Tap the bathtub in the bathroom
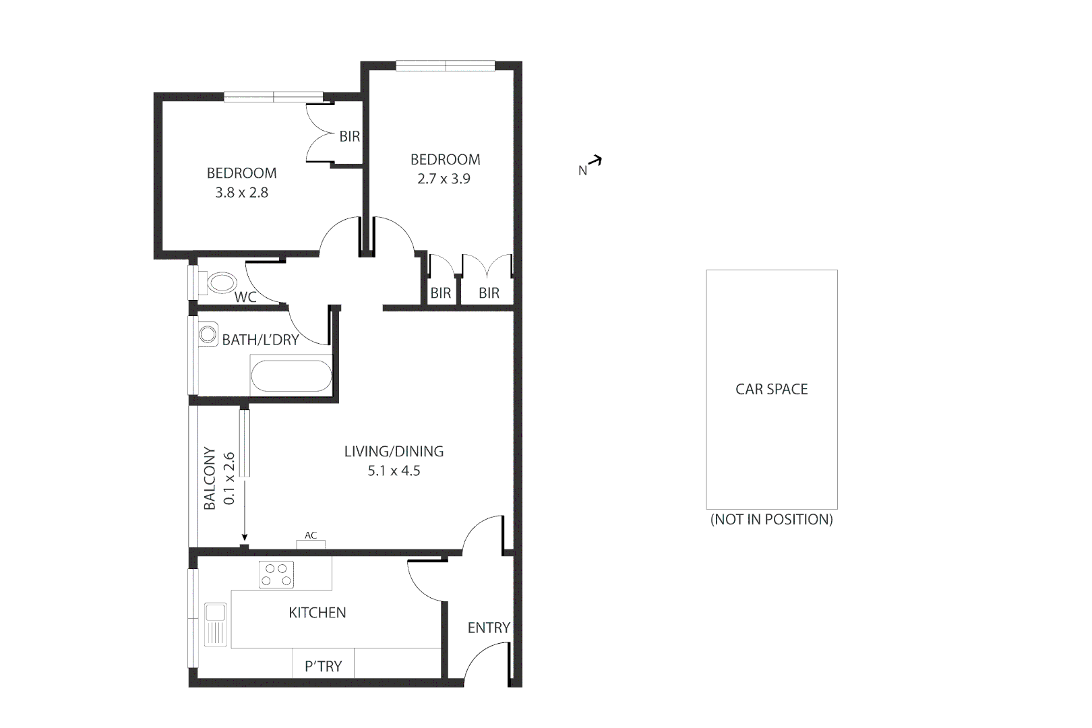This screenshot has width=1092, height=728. coord(291,376)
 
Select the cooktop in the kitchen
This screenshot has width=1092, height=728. coord(277,574)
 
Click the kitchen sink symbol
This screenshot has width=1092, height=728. coord(216,624)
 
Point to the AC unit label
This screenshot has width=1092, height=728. coord(311,536)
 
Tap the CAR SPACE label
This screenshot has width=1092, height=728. coord(771,389)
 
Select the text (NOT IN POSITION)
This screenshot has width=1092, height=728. coord(771,519)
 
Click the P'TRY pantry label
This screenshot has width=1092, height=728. coord(323,666)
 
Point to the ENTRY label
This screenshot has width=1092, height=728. coord(489,628)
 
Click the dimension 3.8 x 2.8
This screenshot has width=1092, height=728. coord(241,193)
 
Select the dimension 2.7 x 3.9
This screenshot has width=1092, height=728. coord(444,179)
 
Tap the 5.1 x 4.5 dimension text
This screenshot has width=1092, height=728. coord(394,471)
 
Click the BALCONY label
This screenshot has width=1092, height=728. coord(210,478)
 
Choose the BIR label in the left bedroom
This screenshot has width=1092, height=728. coord(349,136)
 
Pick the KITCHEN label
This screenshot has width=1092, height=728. coord(317,612)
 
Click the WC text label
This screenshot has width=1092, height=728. coord(245,297)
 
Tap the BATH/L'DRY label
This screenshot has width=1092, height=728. coord(260,340)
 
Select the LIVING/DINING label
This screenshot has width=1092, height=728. coord(394,451)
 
